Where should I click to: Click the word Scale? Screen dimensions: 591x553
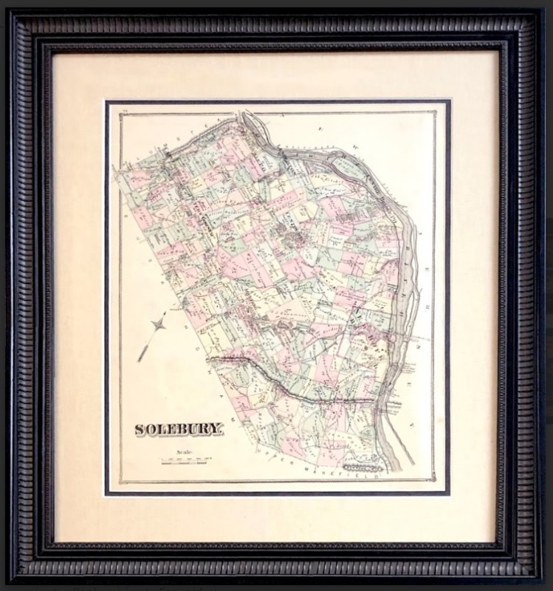click(x=184, y=452)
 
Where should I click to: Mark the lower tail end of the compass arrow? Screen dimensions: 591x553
click(x=140, y=360)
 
